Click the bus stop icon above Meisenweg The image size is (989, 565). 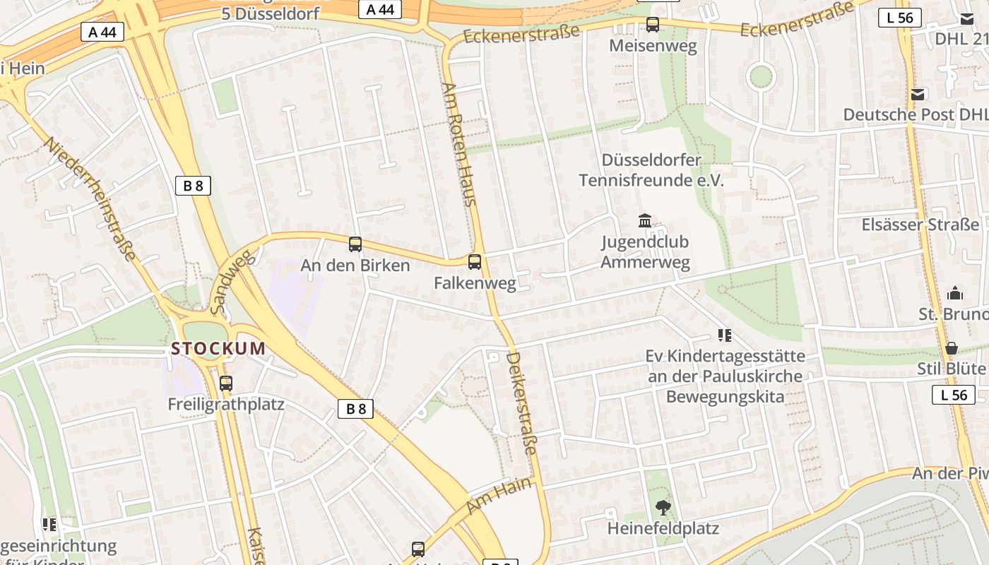653,25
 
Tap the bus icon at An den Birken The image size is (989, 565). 355,244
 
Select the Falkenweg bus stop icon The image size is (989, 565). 475,262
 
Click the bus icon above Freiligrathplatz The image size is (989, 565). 226,383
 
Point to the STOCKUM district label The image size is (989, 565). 218,348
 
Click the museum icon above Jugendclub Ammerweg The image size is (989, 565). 645,221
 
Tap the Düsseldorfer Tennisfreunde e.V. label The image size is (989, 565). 651,170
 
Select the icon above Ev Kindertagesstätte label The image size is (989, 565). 724,335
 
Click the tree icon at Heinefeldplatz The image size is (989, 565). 663,506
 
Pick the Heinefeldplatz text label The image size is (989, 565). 663,528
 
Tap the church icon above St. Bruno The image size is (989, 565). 955,292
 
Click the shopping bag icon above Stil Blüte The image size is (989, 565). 952,348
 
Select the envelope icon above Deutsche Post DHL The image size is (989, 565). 918,95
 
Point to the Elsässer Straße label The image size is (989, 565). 920,225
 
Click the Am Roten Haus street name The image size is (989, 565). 459,144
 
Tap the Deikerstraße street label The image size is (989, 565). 522,403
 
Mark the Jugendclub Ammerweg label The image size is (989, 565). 645,252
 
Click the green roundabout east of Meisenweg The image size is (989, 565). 762,76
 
